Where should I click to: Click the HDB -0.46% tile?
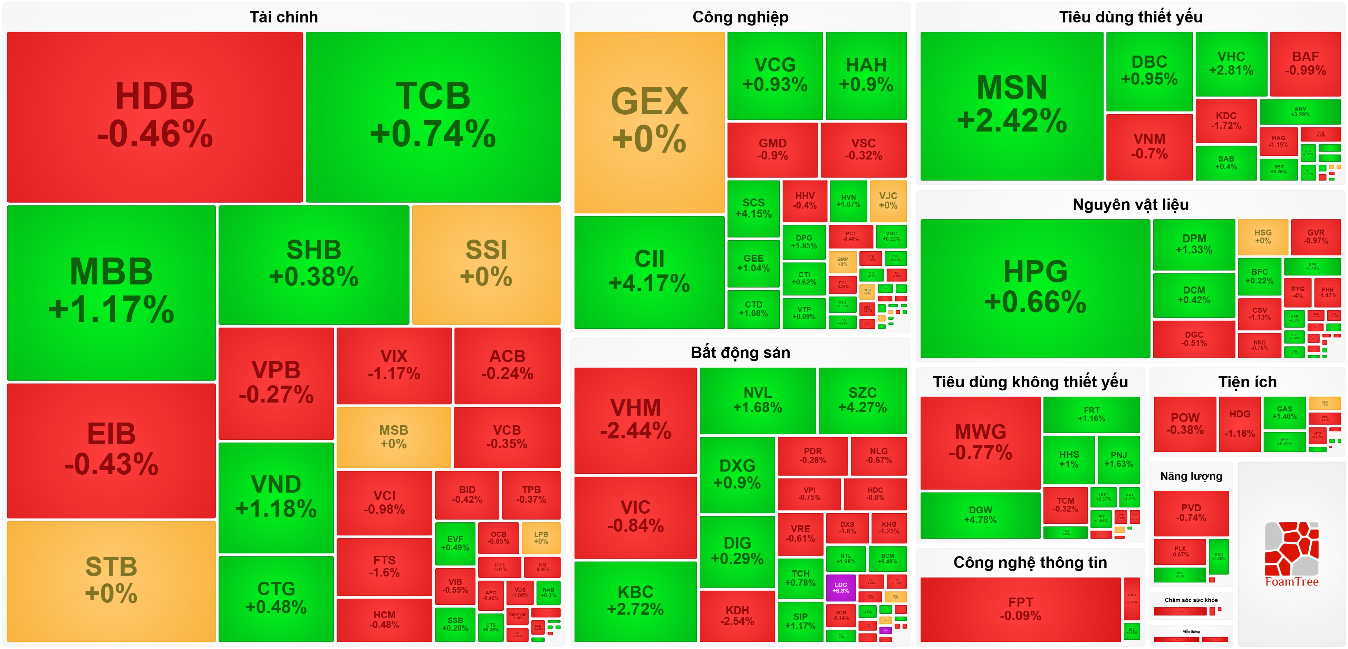[x=155, y=116]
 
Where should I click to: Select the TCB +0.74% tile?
[x=433, y=116]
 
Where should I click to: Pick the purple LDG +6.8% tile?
[x=840, y=587]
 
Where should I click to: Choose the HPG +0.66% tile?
[x=1035, y=288]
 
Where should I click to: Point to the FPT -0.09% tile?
[x=1020, y=609]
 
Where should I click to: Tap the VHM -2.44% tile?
[x=635, y=420]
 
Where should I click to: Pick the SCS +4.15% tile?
[x=753, y=208]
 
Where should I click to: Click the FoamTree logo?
[x=1291, y=555]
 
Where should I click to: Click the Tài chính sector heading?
[x=283, y=17]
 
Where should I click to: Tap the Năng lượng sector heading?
[x=1191, y=476]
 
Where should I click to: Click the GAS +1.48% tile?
[x=1285, y=413]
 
